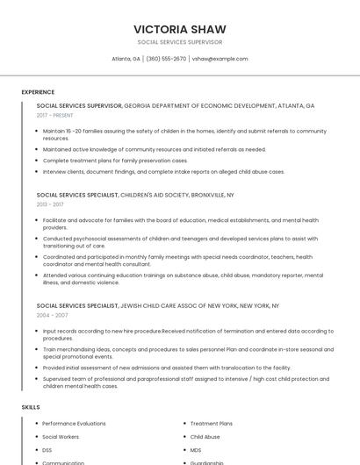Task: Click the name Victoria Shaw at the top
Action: (179, 29)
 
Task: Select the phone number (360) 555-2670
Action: (166, 59)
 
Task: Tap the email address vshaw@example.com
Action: (220, 59)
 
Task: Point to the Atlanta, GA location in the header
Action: (126, 59)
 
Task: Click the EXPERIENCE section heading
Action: (38, 92)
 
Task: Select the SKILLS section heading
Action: (31, 407)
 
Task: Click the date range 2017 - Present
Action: (54, 115)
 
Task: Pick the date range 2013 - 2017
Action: (49, 204)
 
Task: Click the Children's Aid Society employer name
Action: (176, 195)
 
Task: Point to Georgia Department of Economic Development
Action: (219, 105)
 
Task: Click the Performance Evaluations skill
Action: (74, 424)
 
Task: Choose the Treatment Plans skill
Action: (211, 424)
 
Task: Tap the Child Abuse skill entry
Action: (205, 437)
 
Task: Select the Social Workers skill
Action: (61, 437)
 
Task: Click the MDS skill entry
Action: (195, 450)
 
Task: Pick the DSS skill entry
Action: (47, 450)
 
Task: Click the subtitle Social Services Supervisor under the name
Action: (179, 42)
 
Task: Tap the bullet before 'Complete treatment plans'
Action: (38, 161)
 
